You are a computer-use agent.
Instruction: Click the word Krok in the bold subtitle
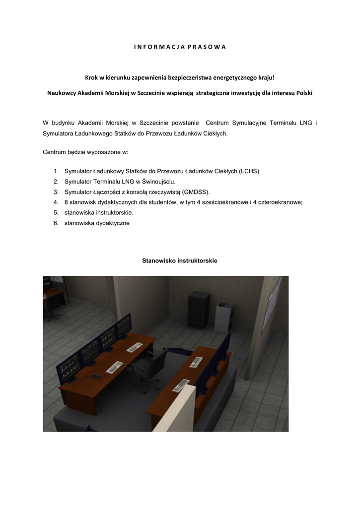(93, 78)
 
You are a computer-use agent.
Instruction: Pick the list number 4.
(56, 202)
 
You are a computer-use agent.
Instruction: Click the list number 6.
(56, 223)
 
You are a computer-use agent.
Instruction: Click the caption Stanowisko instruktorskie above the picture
(180, 260)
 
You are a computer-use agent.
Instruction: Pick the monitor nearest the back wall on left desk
(123, 328)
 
